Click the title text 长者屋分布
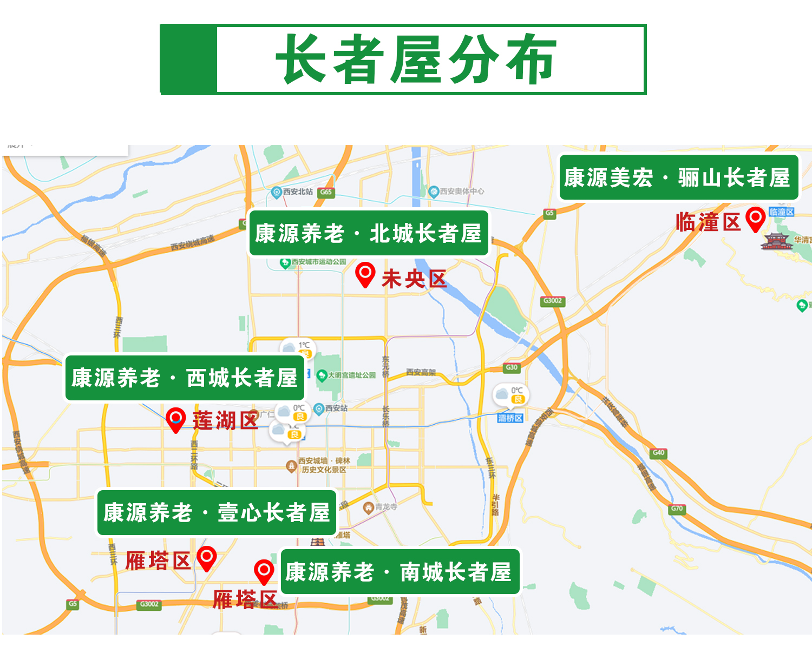[x=416, y=59]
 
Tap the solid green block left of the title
[x=188, y=59]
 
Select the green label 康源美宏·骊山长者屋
[x=678, y=177]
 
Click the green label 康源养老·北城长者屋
[x=369, y=233]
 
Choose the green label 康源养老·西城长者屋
[x=185, y=378]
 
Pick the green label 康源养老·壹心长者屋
[x=217, y=512]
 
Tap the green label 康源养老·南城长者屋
[x=399, y=572]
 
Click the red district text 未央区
[x=414, y=279]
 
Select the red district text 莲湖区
[x=225, y=420]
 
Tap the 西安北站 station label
[x=297, y=192]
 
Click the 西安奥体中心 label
[x=461, y=191]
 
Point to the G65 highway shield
[x=326, y=192]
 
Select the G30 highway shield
[x=512, y=368]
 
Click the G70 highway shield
[x=677, y=509]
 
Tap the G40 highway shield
[x=658, y=452]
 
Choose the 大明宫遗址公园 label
[x=351, y=375]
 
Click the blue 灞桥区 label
[x=510, y=418]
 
